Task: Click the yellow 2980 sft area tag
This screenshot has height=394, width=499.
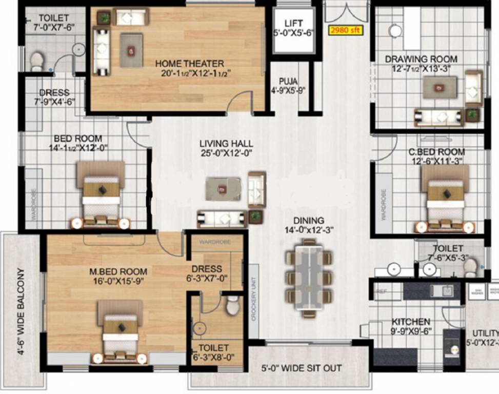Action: tap(346, 30)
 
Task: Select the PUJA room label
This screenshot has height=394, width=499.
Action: tap(288, 81)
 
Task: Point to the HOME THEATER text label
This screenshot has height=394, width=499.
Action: tap(190, 64)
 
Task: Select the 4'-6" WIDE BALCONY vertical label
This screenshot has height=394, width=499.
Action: tap(21, 311)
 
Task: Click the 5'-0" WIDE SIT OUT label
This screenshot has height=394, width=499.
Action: tap(302, 368)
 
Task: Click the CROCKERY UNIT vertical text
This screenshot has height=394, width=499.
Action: tap(253, 300)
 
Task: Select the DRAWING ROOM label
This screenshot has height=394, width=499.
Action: tap(421, 60)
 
